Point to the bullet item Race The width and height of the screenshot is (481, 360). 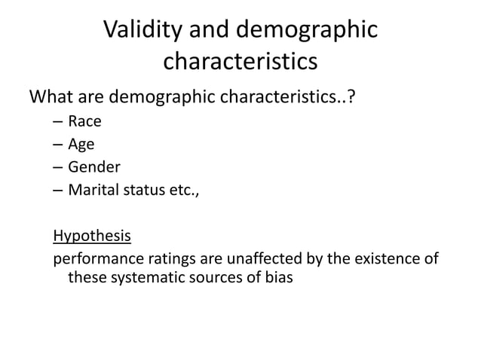84,121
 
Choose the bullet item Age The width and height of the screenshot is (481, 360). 81,145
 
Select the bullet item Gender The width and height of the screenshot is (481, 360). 94,166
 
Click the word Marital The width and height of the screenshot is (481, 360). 93,189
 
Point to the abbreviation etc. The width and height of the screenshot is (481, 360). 184,190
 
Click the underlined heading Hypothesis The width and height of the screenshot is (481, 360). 92,236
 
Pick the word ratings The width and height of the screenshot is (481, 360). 167,260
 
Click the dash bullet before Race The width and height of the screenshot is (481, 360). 58,121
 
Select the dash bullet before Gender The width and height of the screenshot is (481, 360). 58,167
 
